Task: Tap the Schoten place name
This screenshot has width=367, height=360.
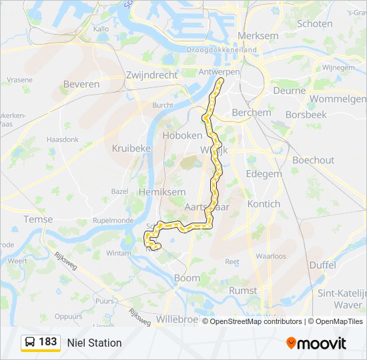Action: pyautogui.click(x=314, y=23)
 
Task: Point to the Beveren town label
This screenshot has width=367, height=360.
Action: pyautogui.click(x=81, y=84)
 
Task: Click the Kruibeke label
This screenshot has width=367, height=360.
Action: pyautogui.click(x=131, y=148)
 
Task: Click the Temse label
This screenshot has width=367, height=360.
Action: pyautogui.click(x=37, y=219)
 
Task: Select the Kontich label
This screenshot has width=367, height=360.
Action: pyautogui.click(x=264, y=203)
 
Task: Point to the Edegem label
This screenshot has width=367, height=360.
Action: pyautogui.click(x=265, y=173)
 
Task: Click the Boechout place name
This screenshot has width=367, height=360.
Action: pyautogui.click(x=313, y=160)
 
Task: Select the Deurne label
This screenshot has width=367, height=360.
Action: pyautogui.click(x=290, y=90)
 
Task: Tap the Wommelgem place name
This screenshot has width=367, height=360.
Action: pyautogui.click(x=338, y=99)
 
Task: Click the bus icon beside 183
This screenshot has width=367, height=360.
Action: pyautogui.click(x=30, y=342)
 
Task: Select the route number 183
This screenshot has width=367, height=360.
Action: pyautogui.click(x=48, y=342)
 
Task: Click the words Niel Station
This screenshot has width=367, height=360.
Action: pyautogui.click(x=94, y=343)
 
